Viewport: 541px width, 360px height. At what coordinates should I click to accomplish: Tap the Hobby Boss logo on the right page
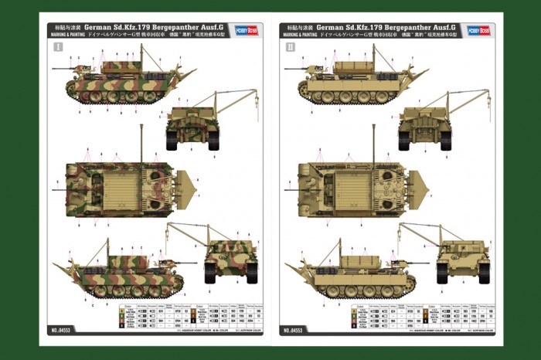pyautogui.click(x=478, y=30)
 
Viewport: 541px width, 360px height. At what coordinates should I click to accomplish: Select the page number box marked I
pyautogui.click(x=57, y=47)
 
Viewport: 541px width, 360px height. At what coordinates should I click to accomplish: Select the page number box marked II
pyautogui.click(x=291, y=47)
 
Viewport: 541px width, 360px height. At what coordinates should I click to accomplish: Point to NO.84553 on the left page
pyautogui.click(x=63, y=330)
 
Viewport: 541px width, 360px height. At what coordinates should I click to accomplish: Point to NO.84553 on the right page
pyautogui.click(x=296, y=330)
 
